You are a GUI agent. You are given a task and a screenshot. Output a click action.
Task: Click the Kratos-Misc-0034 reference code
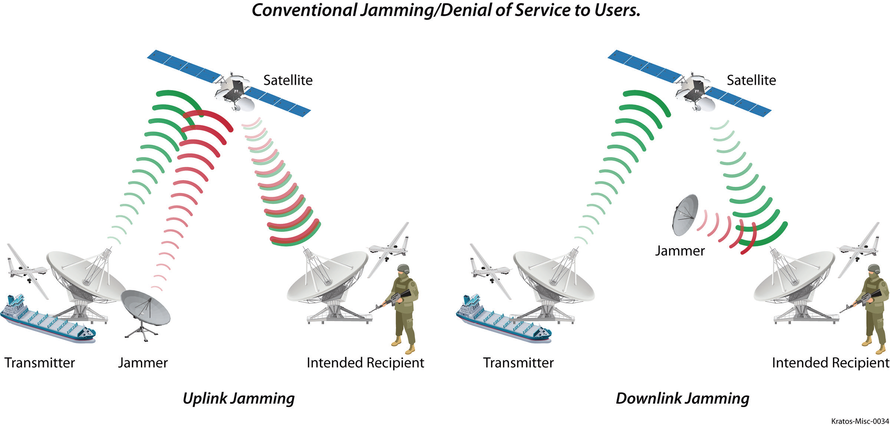860,421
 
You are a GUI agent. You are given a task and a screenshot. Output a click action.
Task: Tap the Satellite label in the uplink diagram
288,80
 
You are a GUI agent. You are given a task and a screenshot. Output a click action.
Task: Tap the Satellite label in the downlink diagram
751,80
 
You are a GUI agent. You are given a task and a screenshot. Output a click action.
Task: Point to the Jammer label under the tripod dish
143,363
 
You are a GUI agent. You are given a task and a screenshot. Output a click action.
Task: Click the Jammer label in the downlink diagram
680,251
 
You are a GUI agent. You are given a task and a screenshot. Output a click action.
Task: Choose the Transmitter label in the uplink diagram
40,363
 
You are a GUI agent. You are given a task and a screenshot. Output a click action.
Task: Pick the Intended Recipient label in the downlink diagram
831,363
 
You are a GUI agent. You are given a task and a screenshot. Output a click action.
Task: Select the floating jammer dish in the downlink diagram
686,215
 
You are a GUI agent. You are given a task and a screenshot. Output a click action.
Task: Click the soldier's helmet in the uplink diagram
403,269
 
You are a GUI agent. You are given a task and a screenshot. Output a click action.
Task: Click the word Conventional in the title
304,10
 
